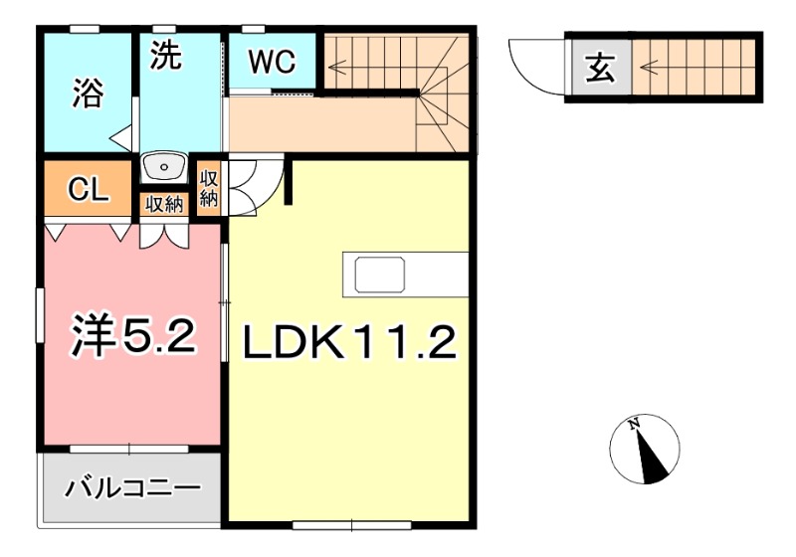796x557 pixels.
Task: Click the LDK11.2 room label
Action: [x=350, y=343]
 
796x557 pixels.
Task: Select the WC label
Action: [x=272, y=62]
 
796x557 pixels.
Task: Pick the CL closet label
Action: [x=87, y=191]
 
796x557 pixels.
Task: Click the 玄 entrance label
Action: [x=599, y=70]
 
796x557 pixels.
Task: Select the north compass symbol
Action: [x=645, y=450]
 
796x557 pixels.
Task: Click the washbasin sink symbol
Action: [x=163, y=166]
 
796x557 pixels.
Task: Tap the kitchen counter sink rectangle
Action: [x=379, y=275]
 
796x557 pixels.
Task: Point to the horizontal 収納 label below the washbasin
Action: [x=165, y=205]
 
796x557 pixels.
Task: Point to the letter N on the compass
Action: [x=634, y=425]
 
